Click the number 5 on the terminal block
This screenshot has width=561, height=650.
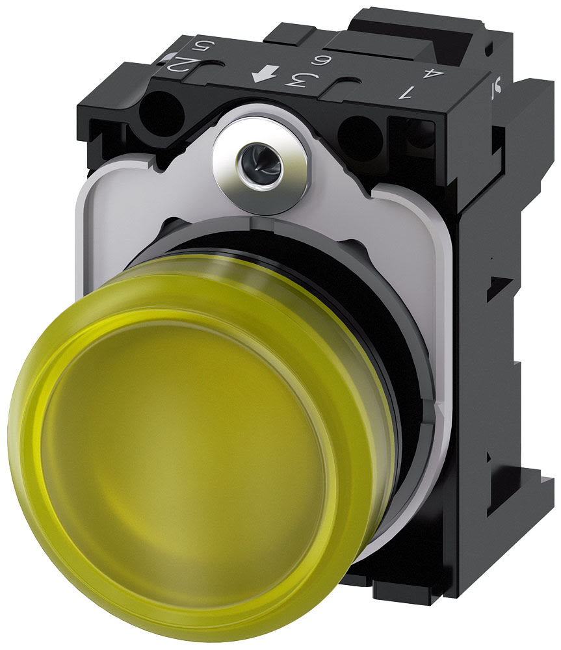(x=202, y=47)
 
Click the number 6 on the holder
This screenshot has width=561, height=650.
(x=319, y=63)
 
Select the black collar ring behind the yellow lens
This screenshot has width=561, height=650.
(x=390, y=325)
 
